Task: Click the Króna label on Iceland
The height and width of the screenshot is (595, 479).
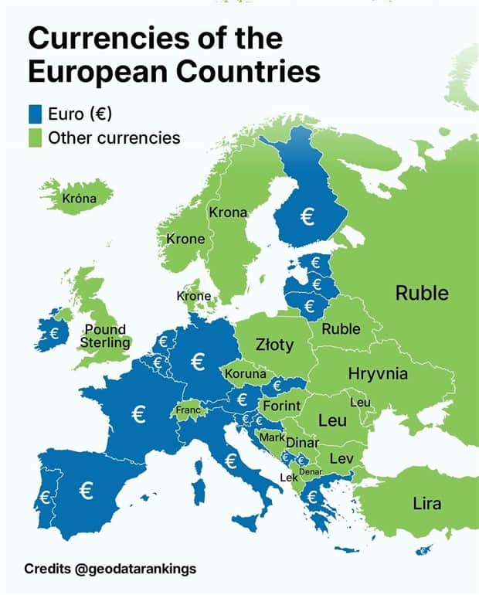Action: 80,199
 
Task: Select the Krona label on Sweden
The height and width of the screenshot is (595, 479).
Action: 228,212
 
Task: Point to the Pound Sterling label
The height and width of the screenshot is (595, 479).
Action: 104,336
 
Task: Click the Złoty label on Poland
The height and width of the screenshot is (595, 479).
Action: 274,345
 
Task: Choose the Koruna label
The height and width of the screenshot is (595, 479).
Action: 246,374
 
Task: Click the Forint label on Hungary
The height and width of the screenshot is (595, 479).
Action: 282,406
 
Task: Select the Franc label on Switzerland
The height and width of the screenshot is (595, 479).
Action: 189,410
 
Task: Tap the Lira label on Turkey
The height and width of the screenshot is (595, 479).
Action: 426,504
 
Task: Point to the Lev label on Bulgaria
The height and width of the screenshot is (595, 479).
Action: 341,458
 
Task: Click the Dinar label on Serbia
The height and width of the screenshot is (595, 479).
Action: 302,443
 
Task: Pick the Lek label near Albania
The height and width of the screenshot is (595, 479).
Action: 288,478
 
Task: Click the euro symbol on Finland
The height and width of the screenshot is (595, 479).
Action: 307,217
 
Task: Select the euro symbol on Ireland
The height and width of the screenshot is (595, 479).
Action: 53,333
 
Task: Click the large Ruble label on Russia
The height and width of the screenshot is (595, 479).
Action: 422,293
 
